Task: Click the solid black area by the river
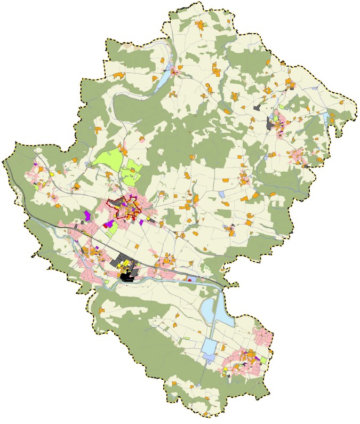127,277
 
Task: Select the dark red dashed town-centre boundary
110,203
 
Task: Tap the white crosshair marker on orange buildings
170,259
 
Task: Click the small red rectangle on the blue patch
189,280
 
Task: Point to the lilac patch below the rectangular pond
209,361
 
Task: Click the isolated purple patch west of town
86,215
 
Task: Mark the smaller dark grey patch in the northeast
258,107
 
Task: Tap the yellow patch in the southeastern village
226,369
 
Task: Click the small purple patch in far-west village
36,164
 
